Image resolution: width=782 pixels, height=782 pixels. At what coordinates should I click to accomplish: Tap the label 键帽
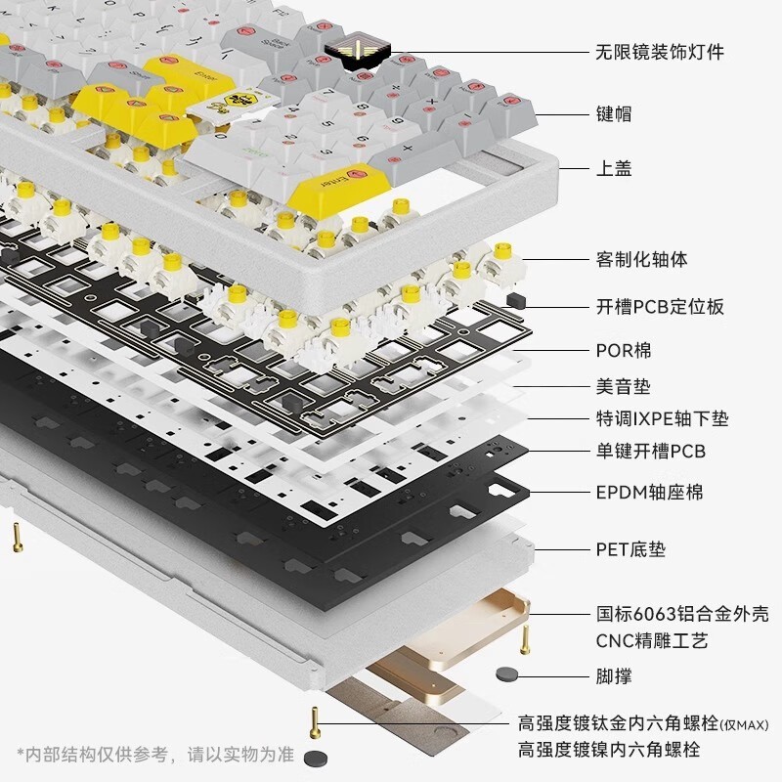pyautogui.click(x=614, y=113)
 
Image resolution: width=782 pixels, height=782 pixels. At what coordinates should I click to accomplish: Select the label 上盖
pyautogui.click(x=614, y=168)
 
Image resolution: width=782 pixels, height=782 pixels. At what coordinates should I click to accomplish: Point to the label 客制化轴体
pyautogui.click(x=641, y=259)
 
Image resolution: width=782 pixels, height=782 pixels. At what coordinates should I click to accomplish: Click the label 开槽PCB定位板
pyautogui.click(x=660, y=306)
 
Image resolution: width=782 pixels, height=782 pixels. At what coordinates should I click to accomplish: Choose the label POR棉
pyautogui.click(x=623, y=350)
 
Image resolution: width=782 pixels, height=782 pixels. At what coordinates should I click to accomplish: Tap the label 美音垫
pyautogui.click(x=623, y=387)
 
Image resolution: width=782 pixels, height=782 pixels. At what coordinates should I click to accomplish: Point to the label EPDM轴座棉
pyautogui.click(x=649, y=492)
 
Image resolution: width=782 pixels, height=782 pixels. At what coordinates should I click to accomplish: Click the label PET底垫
pyautogui.click(x=630, y=549)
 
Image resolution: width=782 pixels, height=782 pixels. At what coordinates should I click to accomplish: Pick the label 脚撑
pyautogui.click(x=614, y=675)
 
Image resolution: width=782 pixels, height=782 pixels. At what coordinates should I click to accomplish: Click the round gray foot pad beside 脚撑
pyautogui.click(x=505, y=673)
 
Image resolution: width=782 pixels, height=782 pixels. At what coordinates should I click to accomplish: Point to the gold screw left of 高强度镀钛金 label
pyautogui.click(x=315, y=722)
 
